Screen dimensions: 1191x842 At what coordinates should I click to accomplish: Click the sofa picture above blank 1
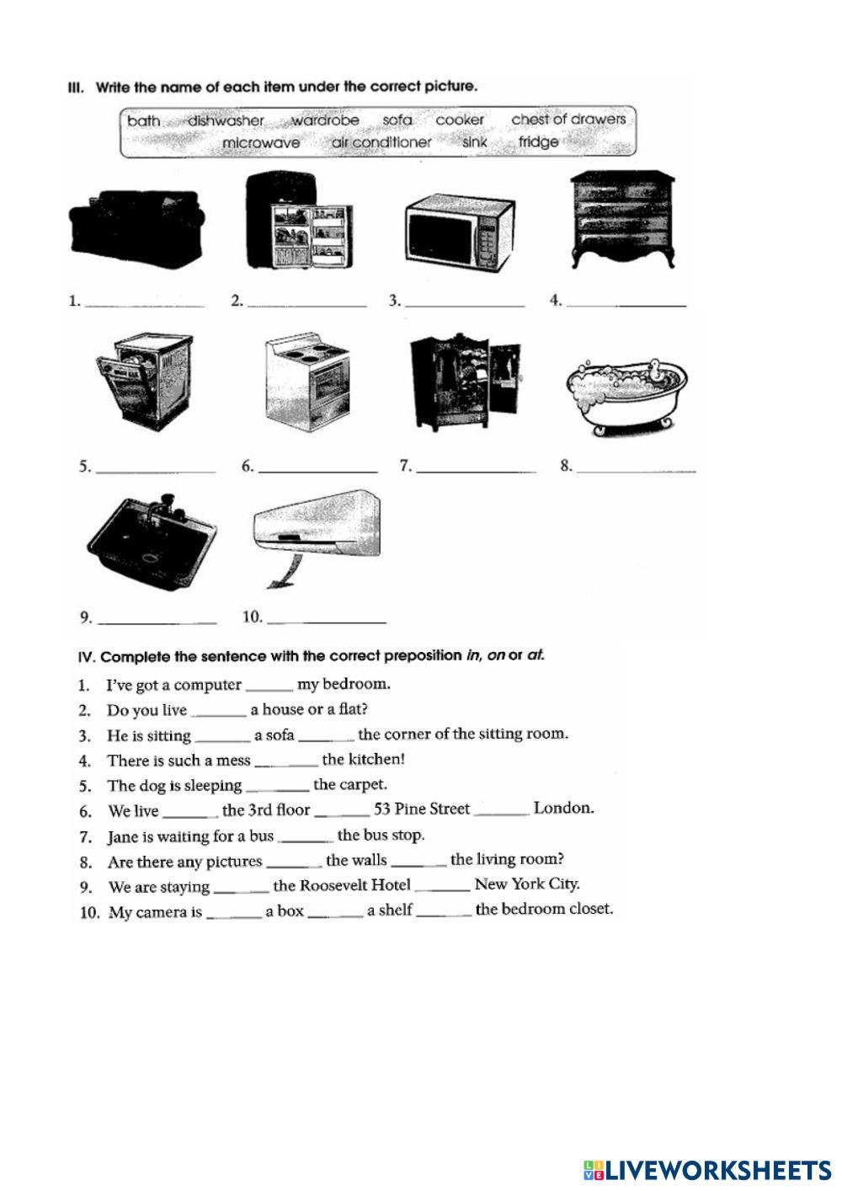[x=138, y=227]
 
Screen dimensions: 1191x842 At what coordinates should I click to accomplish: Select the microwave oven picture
[x=459, y=232]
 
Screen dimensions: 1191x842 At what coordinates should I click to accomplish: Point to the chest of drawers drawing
[x=622, y=219]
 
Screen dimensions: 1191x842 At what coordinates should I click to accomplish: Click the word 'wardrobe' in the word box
[x=325, y=120]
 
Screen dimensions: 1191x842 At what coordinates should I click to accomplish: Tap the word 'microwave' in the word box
[x=261, y=143]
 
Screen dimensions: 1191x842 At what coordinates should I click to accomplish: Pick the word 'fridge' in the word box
[x=538, y=142]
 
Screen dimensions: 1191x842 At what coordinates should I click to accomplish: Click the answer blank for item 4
[x=626, y=304]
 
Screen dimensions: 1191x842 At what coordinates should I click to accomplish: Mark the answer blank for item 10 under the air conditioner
[x=326, y=622]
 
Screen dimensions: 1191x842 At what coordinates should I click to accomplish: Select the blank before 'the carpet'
[x=279, y=790]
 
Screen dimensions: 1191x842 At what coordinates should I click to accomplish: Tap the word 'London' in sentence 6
[x=563, y=809]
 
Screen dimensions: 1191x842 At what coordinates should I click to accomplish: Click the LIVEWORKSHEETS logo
[x=706, y=1170]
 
